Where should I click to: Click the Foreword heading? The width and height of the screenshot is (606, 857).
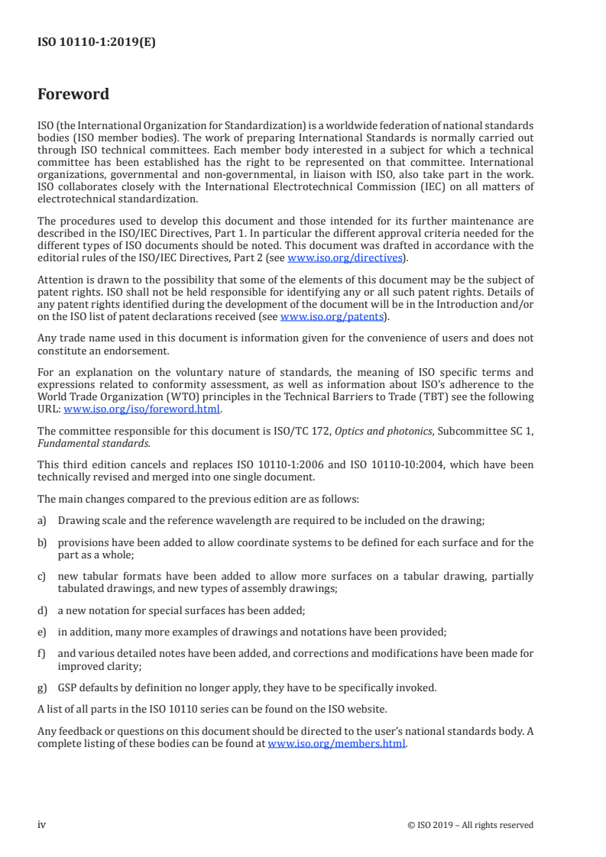[73, 95]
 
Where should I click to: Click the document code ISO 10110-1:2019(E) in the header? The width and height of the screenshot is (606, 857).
[96, 43]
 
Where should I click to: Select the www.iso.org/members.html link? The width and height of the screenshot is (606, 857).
[337, 744]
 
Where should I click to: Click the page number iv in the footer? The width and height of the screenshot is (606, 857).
[42, 824]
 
